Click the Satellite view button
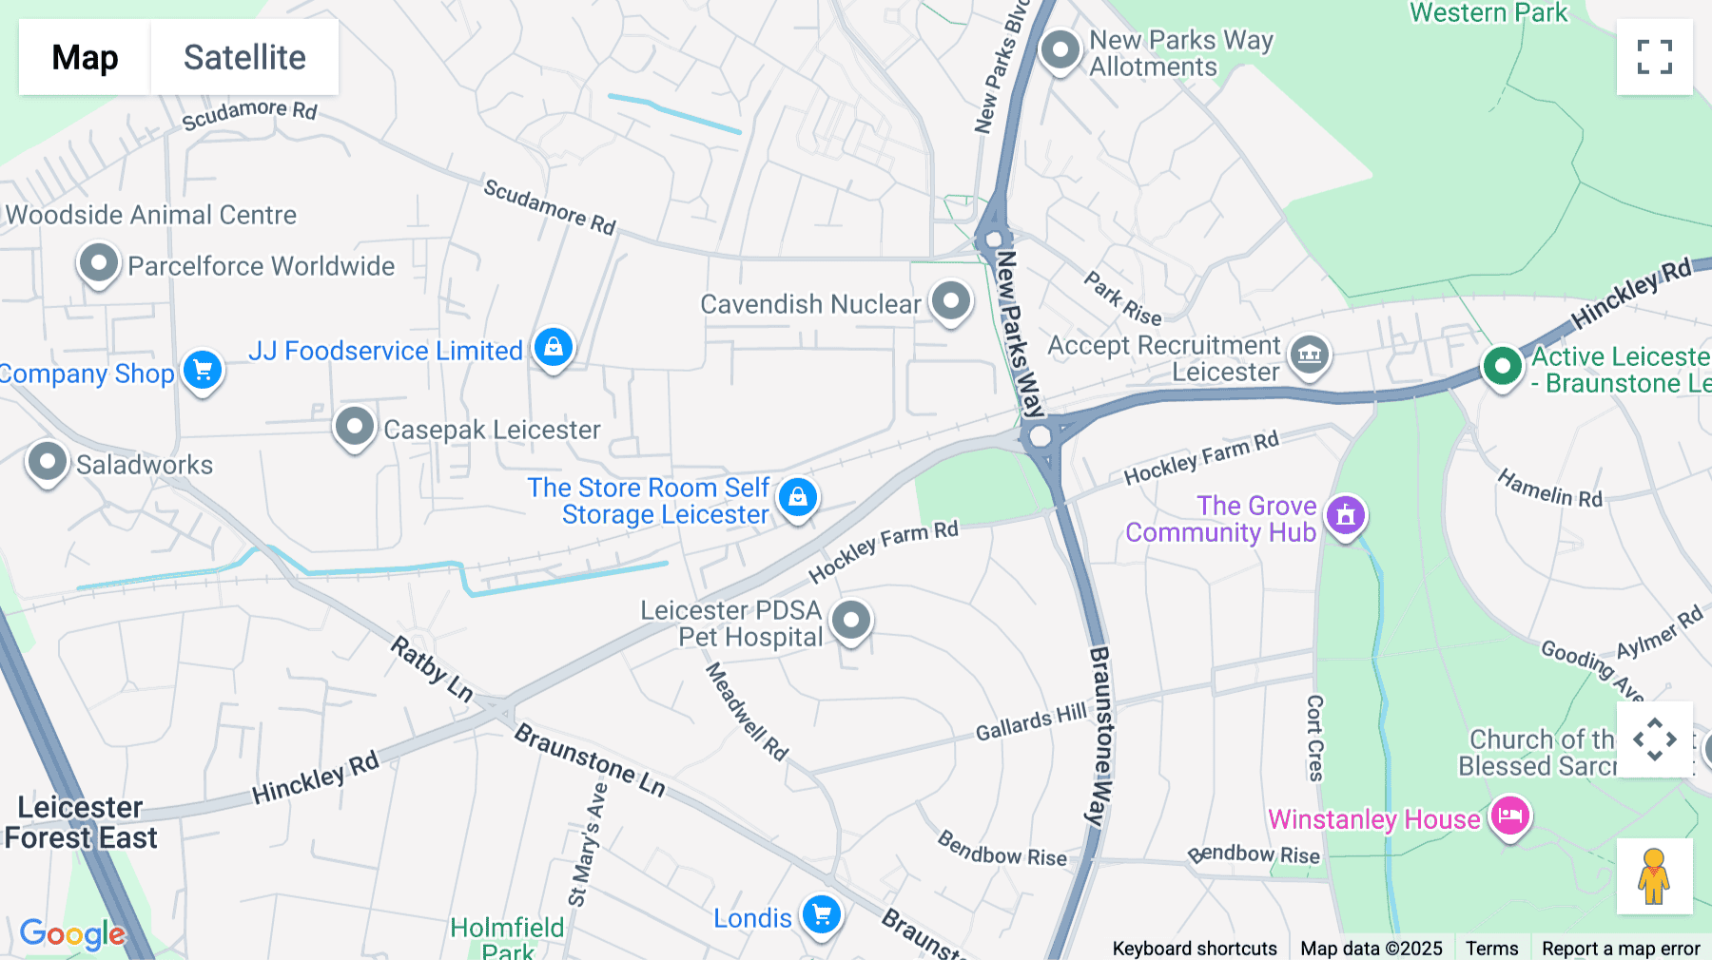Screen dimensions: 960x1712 [x=244, y=57]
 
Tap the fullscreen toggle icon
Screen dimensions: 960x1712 [x=1654, y=57]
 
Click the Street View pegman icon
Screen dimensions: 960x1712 [x=1654, y=876]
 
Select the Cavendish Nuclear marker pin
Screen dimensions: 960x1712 [x=950, y=300]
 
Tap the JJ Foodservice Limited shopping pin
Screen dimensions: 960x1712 [x=554, y=347]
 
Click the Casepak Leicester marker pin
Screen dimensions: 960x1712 [x=354, y=427]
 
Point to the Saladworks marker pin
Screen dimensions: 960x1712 [x=47, y=462]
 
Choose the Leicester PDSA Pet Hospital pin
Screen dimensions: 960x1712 [x=851, y=621]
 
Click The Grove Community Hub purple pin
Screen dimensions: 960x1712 [x=1345, y=515]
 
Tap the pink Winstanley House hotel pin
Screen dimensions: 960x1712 [x=1509, y=816]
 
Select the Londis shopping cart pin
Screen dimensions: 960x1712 [x=822, y=915]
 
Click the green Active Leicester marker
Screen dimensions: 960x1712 [x=1502, y=366]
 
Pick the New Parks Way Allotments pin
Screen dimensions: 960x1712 [x=1060, y=49]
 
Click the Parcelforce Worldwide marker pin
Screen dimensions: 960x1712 [x=98, y=262]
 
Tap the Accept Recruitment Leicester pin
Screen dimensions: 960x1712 [x=1309, y=355]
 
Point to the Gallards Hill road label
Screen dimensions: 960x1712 [x=1031, y=723]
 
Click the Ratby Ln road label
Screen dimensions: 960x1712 [x=432, y=669]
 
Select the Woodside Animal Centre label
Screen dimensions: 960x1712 [x=151, y=215]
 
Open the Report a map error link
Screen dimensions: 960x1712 [x=1620, y=948]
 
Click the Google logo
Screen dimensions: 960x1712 [x=72, y=933]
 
